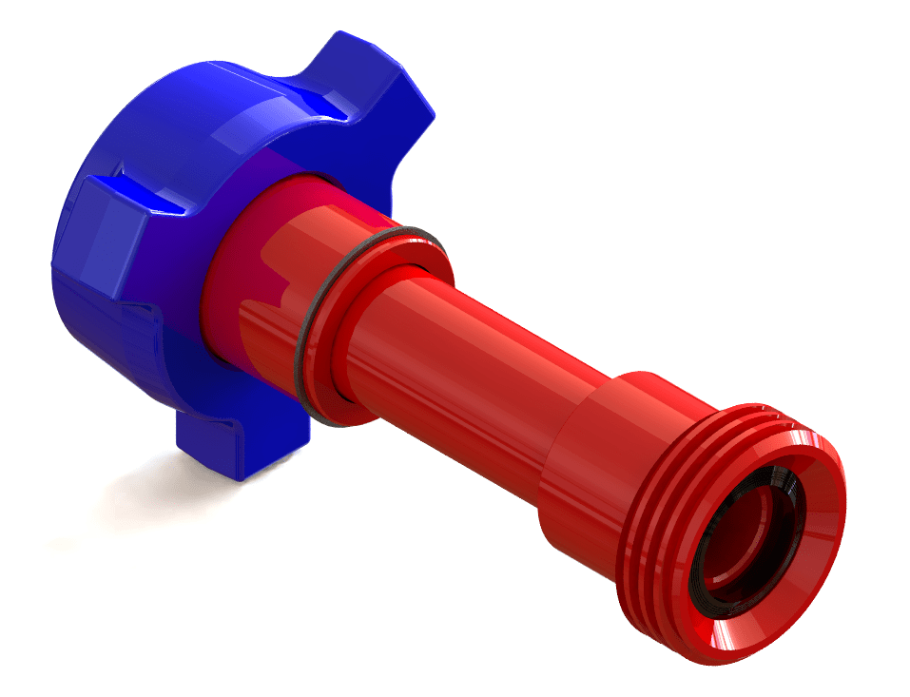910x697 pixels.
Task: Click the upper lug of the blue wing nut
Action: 380,86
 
